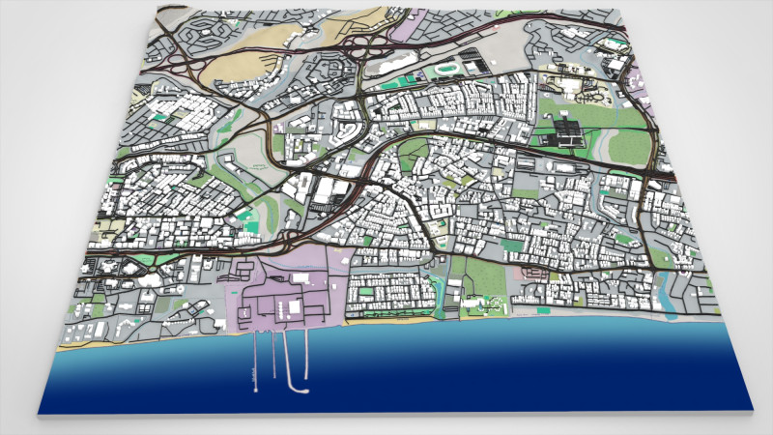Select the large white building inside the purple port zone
pyautogui.click(x=289, y=308)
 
